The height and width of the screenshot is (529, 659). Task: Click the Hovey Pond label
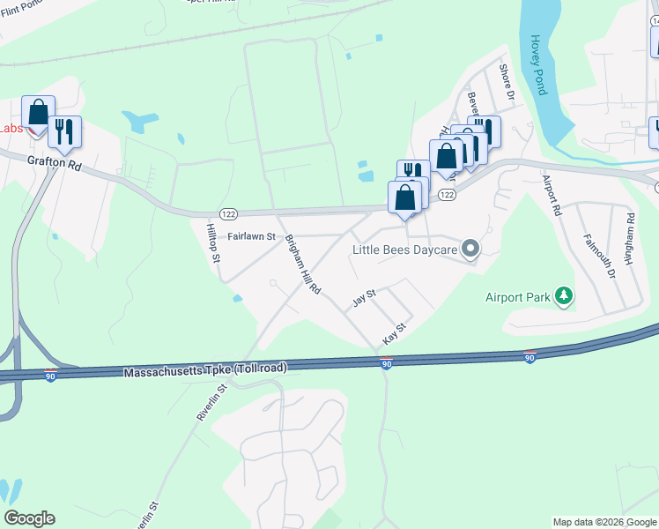click(539, 65)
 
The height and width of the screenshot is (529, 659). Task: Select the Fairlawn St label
click(252, 237)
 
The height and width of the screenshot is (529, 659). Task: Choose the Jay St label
click(364, 299)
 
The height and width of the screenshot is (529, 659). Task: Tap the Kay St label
click(394, 333)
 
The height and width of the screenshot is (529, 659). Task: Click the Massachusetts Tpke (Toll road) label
click(204, 369)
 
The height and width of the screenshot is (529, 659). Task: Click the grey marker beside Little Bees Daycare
click(470, 249)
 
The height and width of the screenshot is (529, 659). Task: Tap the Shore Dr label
click(505, 81)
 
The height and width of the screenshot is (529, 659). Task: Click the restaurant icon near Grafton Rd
click(64, 132)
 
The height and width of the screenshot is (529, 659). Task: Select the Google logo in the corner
click(29, 518)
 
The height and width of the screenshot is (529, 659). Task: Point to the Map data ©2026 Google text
click(604, 522)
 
